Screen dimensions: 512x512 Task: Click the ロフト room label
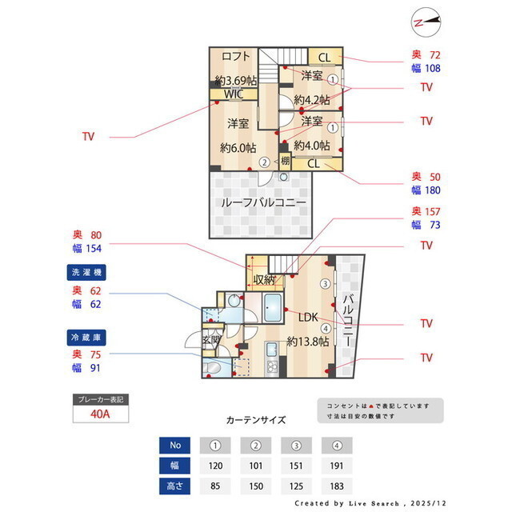coord(236,56)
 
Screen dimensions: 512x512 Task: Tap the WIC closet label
coord(234,94)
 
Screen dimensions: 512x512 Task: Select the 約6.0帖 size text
coord(238,148)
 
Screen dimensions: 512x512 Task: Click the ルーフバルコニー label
coord(264,202)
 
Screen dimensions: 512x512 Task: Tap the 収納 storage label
coord(266,280)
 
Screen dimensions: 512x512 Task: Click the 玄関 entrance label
coord(211,339)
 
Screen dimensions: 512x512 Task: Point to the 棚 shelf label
coord(286,160)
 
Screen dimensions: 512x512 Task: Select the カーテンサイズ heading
coord(255,419)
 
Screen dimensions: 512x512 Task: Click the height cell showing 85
coord(215,485)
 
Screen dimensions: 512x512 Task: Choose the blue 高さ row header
coord(175,485)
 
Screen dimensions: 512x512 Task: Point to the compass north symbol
coord(426,22)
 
